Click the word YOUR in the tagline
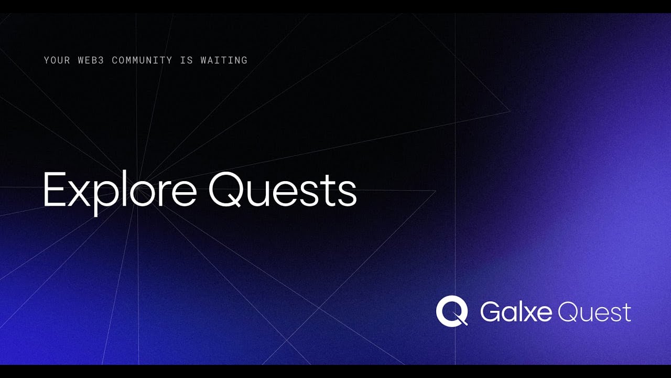pyautogui.click(x=57, y=60)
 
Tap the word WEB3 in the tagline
pyautogui.click(x=91, y=60)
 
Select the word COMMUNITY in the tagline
pyautogui.click(x=142, y=60)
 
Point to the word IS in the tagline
pyautogui.click(x=186, y=60)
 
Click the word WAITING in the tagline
pyautogui.click(x=224, y=60)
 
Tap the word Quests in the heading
pyautogui.click(x=283, y=190)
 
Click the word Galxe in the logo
pyautogui.click(x=516, y=312)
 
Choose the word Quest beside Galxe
pyautogui.click(x=594, y=312)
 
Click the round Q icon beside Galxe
pyautogui.click(x=452, y=311)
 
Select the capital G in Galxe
pyautogui.click(x=490, y=312)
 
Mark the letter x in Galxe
pyautogui.click(x=529, y=314)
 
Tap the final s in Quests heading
pyautogui.click(x=348, y=193)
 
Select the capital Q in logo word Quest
pyautogui.click(x=567, y=312)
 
